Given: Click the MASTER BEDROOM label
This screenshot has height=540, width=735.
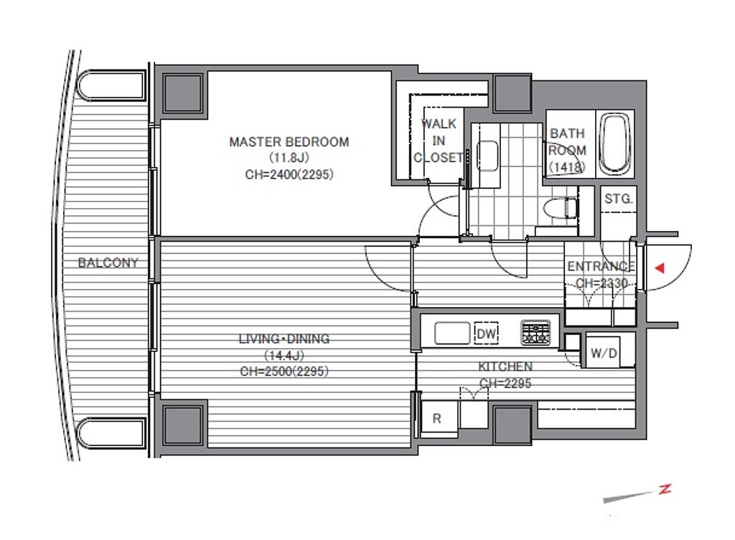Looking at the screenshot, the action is click(x=289, y=141).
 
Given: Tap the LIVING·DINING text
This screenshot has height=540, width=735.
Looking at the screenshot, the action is click(x=284, y=338).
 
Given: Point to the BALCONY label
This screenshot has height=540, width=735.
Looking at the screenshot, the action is click(x=108, y=262).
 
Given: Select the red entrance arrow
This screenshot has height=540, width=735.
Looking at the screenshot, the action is click(x=660, y=268).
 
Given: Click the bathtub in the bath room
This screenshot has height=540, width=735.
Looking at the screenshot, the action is click(x=614, y=143).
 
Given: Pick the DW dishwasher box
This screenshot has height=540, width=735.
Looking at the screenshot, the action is click(x=486, y=333).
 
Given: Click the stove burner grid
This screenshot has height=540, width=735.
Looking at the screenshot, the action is click(x=535, y=333).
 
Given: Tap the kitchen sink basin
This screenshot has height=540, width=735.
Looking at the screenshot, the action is click(x=452, y=333).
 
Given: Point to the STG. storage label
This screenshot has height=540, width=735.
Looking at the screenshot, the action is click(x=619, y=199).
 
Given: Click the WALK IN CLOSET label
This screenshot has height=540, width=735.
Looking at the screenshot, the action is click(x=439, y=141).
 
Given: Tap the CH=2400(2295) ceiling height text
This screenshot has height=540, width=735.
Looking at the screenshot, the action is click(x=289, y=175).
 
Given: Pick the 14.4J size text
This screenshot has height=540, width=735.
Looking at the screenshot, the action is click(x=284, y=355).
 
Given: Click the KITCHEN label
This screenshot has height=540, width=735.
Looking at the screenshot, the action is click(x=505, y=366).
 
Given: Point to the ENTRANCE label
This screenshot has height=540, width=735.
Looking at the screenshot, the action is click(x=601, y=266).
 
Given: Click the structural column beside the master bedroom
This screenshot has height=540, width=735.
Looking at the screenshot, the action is click(x=183, y=93).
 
